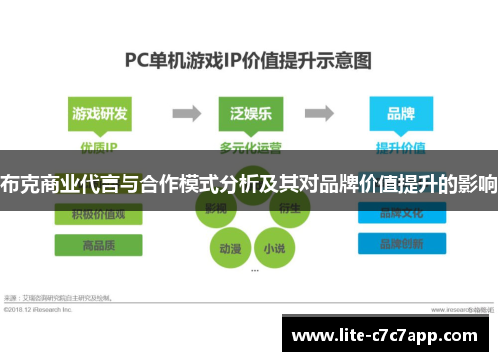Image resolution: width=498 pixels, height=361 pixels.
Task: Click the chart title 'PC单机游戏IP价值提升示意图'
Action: pyautogui.click(x=248, y=60)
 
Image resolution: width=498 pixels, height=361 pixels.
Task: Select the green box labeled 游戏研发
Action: pyautogui.click(x=99, y=112)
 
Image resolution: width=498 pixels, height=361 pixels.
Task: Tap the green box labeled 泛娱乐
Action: pyautogui.click(x=248, y=112)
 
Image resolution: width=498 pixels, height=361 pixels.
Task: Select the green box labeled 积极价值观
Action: pyautogui.click(x=99, y=214)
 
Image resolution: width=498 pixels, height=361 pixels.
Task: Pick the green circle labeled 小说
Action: pyautogui.click(x=273, y=248)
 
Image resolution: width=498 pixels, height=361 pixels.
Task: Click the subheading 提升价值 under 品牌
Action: pyautogui.click(x=400, y=147)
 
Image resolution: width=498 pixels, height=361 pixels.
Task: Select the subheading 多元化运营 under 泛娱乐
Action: pyautogui.click(x=248, y=147)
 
